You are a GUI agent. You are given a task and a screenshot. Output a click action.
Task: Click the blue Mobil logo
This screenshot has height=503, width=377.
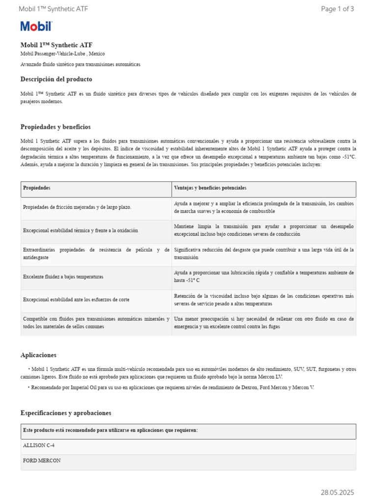(x=36, y=27)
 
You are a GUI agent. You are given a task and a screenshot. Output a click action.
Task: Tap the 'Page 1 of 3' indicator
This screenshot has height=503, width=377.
(x=337, y=9)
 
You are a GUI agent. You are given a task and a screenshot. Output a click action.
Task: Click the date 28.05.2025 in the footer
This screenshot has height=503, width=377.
(x=337, y=492)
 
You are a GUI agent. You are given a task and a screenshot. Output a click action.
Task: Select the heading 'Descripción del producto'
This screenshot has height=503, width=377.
(x=56, y=79)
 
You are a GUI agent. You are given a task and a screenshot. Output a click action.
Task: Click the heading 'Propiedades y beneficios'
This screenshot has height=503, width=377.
(x=55, y=127)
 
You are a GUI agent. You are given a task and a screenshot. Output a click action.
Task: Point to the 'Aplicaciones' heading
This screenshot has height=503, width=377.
(x=38, y=355)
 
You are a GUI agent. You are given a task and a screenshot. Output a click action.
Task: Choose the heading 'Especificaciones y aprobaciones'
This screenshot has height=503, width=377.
(x=66, y=413)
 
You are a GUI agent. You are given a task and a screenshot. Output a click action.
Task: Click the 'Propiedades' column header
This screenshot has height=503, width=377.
(x=37, y=189)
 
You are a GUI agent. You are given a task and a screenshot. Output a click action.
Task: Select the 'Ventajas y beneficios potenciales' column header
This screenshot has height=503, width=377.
(x=210, y=189)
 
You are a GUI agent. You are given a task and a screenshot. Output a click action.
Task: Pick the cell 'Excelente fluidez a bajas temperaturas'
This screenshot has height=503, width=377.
(x=63, y=277)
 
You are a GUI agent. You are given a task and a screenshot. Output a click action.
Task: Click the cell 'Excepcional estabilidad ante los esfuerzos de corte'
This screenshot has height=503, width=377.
(x=76, y=299)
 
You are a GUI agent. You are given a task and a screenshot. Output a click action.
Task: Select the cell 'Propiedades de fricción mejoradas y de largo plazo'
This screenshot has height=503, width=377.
(x=77, y=207)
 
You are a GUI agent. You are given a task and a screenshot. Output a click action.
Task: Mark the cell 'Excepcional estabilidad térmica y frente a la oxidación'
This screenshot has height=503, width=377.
(x=81, y=230)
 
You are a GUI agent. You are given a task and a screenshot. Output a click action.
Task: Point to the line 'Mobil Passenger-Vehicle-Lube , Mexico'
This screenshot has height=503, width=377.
(x=62, y=54)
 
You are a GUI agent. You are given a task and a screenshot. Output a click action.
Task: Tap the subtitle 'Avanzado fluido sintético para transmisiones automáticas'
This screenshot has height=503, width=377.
(x=80, y=64)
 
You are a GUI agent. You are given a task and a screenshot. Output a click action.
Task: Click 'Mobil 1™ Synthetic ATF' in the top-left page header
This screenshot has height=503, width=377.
(x=53, y=9)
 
